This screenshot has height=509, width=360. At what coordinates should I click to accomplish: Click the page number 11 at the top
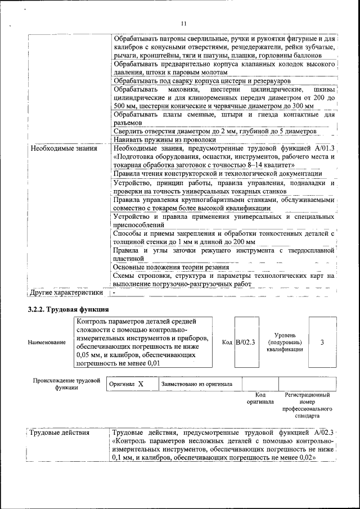[183, 23]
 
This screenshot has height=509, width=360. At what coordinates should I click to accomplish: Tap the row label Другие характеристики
[66, 292]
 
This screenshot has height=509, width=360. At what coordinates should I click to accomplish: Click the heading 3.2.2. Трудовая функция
[68, 310]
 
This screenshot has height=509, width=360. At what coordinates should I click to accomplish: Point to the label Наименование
[46, 343]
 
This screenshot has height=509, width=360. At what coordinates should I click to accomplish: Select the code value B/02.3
[245, 342]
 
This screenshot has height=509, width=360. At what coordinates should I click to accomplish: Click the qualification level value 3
[322, 341]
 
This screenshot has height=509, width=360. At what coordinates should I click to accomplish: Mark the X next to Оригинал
[141, 384]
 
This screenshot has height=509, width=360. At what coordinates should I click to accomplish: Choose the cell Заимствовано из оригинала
[197, 384]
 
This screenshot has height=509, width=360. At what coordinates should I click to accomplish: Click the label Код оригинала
[260, 398]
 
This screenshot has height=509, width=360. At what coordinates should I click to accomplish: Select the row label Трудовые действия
[58, 433]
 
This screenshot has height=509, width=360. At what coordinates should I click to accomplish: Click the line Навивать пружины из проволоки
[164, 139]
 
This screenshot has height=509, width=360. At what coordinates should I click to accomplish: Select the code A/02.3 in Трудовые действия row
[323, 433]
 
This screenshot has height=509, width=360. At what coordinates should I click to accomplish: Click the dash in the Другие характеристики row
[114, 292]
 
